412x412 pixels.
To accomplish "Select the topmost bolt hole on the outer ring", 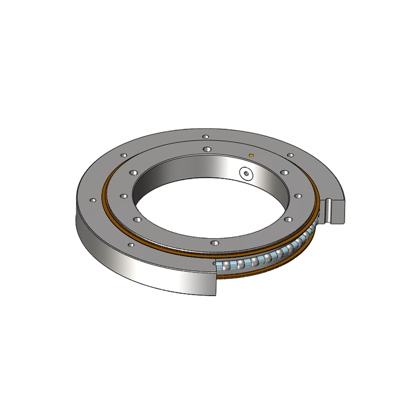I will (205, 137).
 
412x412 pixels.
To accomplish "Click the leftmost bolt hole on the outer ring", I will (93, 200).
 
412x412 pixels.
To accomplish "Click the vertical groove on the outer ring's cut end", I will (331, 209).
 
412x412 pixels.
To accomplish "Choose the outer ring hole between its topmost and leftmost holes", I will (124, 154).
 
